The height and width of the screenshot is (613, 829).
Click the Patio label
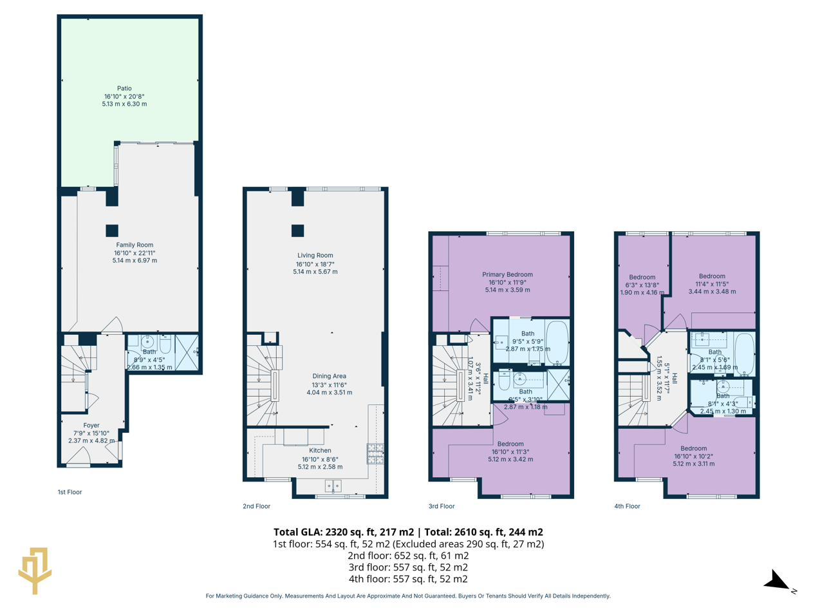coord(124,88)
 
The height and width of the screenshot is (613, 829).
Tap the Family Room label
coord(135,245)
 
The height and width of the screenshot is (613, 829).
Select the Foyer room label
coord(91,425)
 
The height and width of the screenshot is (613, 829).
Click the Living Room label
coord(315,255)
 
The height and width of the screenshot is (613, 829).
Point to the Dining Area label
coord(329,376)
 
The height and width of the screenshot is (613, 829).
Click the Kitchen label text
coord(320,450)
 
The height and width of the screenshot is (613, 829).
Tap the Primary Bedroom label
coord(507,274)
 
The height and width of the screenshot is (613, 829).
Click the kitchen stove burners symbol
coord(375,454)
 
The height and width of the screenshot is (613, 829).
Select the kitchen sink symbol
coord(333,486)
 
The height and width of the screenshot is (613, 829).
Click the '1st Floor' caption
coord(70,492)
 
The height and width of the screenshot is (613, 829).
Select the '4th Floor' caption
coord(627,506)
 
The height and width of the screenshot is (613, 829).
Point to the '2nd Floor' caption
coord(256,506)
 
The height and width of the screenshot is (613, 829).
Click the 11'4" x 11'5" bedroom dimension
coord(711,284)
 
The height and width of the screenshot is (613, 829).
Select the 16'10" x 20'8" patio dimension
coord(124,96)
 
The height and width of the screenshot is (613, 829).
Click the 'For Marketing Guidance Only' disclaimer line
coord(408,596)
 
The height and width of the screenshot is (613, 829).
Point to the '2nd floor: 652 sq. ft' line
coord(408,556)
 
